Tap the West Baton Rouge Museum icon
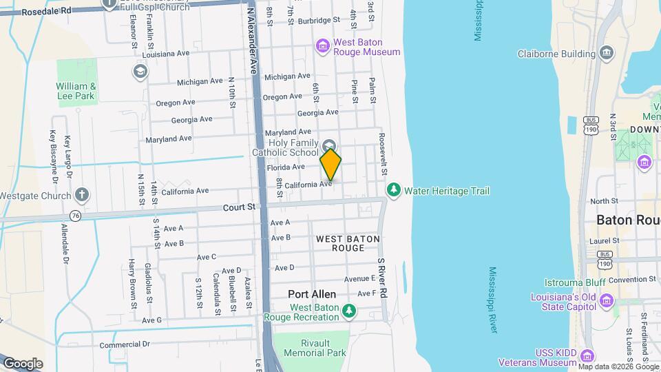[322, 46]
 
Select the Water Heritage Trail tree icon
[394, 189]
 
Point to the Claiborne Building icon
[607, 53]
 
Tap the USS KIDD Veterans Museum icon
[587, 356]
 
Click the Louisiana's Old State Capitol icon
[606, 300]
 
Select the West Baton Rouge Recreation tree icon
[350, 311]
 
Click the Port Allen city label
[312, 294]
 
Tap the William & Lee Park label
[75, 91]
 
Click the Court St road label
[239, 207]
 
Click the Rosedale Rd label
[46, 11]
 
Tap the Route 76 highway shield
[75, 216]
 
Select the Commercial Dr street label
[125, 344]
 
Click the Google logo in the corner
[23, 364]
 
